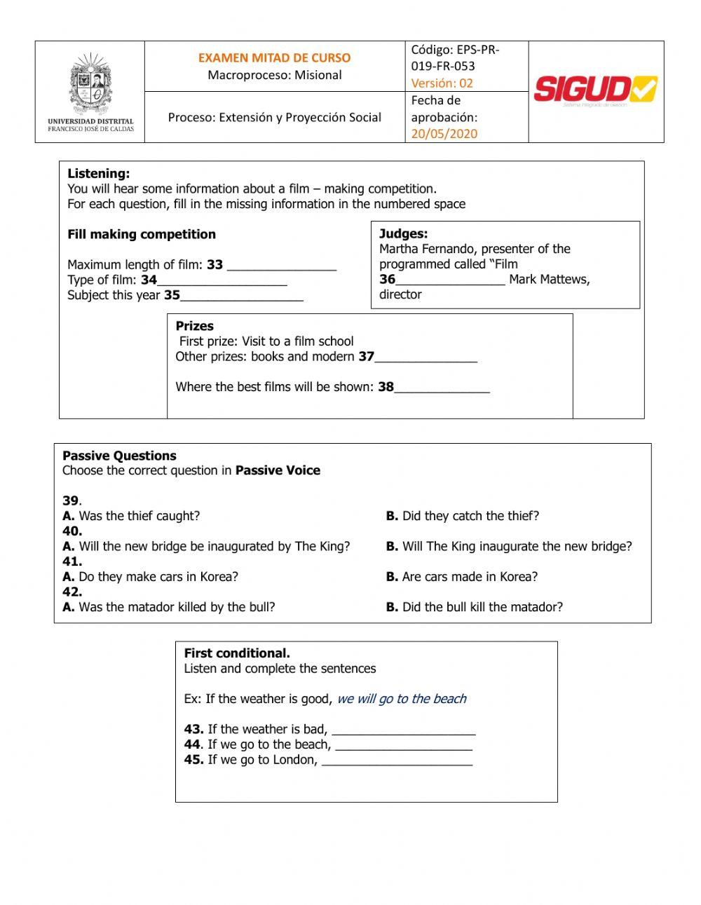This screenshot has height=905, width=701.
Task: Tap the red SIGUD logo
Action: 595,90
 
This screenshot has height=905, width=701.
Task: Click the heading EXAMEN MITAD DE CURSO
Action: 274,58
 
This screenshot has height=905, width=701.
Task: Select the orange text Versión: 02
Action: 442,83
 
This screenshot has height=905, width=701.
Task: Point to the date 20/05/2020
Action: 444,134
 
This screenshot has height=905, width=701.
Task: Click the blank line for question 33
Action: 282,266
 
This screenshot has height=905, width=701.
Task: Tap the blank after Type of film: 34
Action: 222,281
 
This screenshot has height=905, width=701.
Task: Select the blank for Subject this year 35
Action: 242,297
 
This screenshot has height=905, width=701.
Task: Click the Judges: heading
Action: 403,234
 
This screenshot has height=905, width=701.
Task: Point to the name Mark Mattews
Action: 549,280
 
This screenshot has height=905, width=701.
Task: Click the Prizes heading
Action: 194,326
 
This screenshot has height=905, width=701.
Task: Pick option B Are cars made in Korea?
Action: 461,577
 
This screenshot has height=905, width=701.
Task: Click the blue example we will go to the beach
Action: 401,699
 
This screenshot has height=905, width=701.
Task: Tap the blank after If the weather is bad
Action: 403,730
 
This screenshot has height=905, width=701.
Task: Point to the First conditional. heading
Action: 236,653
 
